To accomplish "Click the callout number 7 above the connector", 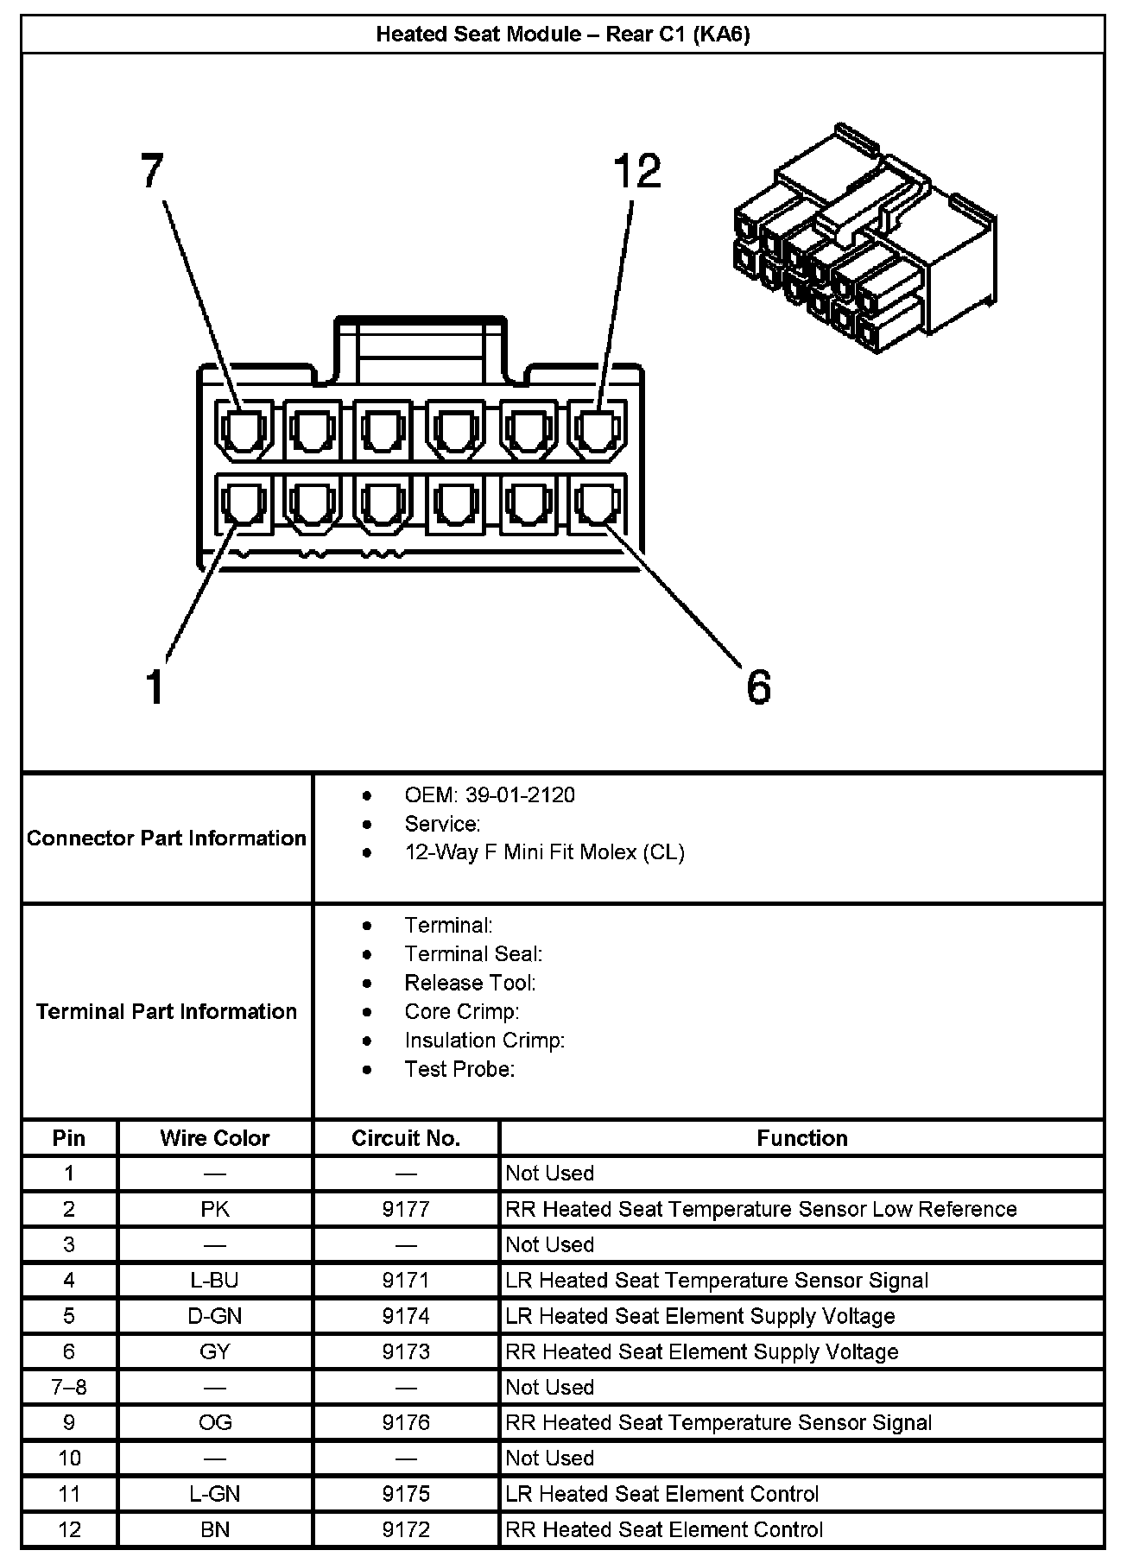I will point(152,171).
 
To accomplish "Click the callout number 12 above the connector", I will point(636,171).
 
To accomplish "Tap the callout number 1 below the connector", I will point(155,688).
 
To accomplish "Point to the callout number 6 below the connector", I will point(757,688).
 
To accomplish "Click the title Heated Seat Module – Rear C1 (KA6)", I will point(563,35).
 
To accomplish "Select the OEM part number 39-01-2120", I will point(520,795).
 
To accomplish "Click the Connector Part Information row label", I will point(167,838).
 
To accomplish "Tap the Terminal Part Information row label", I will point(167,1011).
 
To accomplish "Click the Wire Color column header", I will point(215,1138).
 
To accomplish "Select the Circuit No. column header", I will point(406,1138).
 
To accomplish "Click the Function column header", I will point(802,1138).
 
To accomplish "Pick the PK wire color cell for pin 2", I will point(215,1209).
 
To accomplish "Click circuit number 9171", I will point(406,1281).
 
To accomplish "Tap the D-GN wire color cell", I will point(215,1316).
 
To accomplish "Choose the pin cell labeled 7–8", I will point(69,1387).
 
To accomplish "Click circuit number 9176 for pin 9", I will point(406,1423).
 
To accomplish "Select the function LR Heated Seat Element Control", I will point(662,1494).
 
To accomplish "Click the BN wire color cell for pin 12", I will point(215,1529).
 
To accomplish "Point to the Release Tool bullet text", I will point(470,983).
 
